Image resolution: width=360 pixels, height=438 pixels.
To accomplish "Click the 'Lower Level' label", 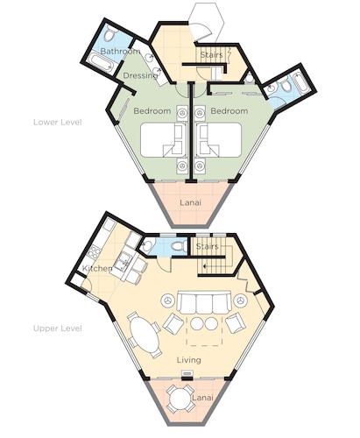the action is pos(58,122).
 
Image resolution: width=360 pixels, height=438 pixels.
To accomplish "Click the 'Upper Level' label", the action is pos(58,328).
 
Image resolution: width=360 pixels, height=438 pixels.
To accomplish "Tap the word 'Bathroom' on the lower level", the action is pos(120,52).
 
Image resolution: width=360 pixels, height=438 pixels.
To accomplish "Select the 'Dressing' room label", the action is pos(140,75).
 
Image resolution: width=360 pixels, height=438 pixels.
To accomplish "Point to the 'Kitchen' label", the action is pos(97,268).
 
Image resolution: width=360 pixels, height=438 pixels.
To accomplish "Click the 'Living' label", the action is pos(189,360).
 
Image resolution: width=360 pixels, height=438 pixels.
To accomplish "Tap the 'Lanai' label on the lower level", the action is pos(190,202).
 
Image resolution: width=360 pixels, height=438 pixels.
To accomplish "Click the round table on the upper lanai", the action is pos(180,399).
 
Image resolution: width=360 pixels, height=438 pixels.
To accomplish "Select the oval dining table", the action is pos(145,335).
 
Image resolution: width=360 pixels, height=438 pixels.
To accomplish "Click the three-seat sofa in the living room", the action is pos(204,302).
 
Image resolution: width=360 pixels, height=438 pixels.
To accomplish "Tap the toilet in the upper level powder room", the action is pos(179,246).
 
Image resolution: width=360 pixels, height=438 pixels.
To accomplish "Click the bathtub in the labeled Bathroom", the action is pos(101,61).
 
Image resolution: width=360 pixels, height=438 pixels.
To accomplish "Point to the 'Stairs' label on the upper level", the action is pos(207,246).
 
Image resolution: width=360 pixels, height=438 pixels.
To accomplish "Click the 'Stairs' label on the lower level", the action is pos(212,54).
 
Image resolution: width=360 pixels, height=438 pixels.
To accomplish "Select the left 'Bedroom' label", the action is pos(152,111).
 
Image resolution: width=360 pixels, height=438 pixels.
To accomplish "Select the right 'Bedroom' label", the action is pos(229,111).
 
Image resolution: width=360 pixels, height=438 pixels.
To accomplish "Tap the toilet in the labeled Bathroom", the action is pos(109,33).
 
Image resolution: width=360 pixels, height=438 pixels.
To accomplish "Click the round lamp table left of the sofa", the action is pos(168,300).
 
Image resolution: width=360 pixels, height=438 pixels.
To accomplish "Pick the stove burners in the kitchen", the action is pos(94,252).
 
